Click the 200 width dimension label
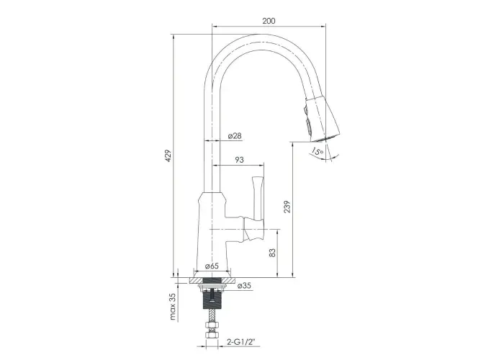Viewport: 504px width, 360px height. point(269,21)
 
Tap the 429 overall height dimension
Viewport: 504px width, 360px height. point(168,156)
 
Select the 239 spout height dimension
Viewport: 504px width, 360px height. point(287,207)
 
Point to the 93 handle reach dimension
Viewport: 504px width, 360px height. point(239,160)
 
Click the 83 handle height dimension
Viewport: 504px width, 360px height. point(272,253)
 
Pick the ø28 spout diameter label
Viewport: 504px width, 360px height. point(235,135)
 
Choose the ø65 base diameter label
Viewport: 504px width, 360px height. point(212,266)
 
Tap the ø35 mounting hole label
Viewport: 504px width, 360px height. point(244,285)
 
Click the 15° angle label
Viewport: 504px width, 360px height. point(318,151)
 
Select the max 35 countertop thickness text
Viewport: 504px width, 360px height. point(173,307)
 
